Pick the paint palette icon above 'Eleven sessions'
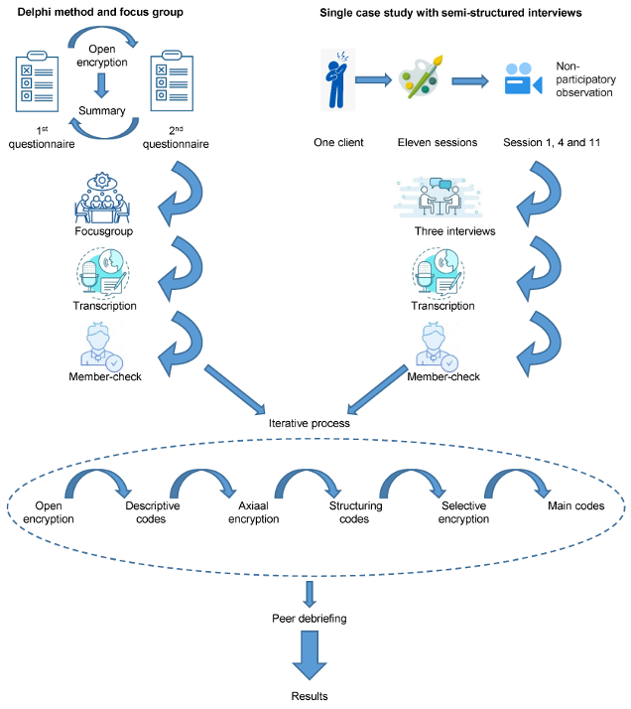422,78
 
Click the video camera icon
523,78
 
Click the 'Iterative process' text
309,424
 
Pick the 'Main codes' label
576,505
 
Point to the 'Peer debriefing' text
311,618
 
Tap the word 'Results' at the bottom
311,697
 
